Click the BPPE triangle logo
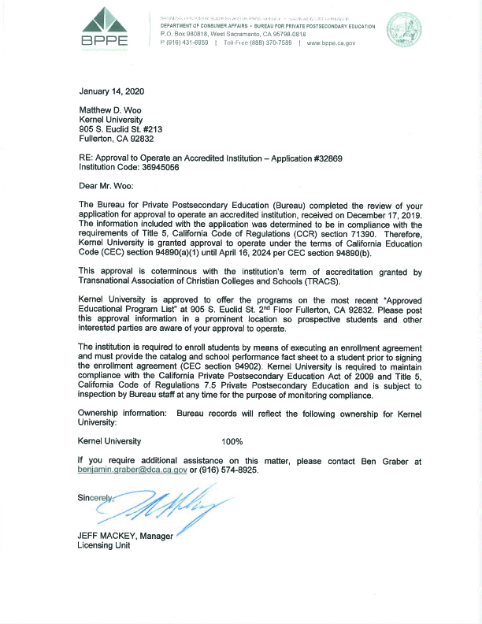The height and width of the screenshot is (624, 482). [x=103, y=28]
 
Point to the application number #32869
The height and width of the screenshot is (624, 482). [x=321, y=158]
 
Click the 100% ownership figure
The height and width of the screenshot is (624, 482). [x=232, y=441]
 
